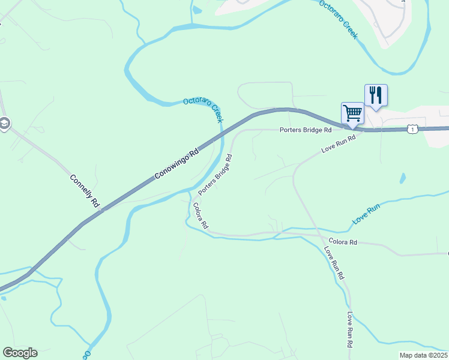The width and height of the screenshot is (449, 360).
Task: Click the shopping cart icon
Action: point(352,112)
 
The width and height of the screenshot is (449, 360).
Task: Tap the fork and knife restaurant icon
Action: point(376,95)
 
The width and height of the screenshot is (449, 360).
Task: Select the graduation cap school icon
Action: point(4,124)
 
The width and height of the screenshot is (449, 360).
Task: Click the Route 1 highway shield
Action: point(411,128)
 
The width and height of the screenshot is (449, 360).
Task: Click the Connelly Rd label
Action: point(84,191)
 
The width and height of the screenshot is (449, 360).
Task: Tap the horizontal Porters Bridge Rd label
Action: point(306,130)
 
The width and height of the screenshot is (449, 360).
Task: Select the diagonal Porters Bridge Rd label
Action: point(215,175)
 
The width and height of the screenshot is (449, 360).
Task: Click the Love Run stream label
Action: point(366,214)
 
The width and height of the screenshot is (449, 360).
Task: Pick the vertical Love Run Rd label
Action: point(349,329)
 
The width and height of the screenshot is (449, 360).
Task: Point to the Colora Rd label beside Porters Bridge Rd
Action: point(200,216)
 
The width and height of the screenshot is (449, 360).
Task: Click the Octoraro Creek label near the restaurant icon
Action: point(338,19)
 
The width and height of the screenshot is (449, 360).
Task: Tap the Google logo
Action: point(19,353)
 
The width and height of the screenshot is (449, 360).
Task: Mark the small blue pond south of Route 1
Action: point(402,179)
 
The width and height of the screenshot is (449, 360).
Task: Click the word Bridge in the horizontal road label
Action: point(310,130)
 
